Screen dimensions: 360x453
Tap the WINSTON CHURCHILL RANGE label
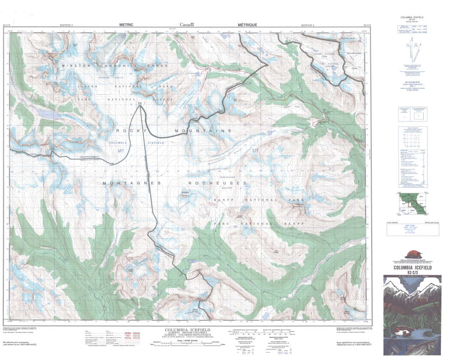tap(109, 66)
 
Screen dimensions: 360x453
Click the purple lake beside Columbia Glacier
tap(48, 115)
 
